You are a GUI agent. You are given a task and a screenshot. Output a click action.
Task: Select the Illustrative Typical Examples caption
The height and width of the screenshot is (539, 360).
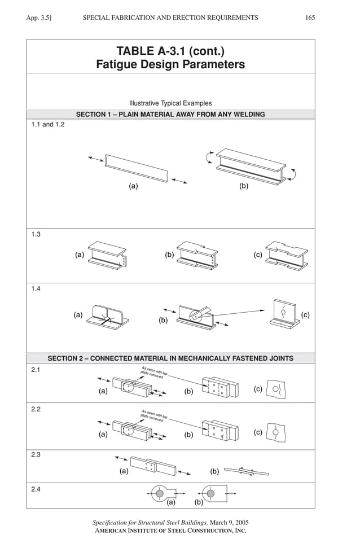coord(170,103)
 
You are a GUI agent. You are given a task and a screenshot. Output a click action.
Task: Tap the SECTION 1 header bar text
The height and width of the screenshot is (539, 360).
coord(170,115)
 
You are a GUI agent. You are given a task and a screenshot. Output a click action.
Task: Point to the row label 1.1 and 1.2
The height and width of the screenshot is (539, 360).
coord(47,124)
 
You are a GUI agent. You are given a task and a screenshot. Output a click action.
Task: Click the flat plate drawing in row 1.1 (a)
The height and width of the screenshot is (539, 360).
coord(137,168)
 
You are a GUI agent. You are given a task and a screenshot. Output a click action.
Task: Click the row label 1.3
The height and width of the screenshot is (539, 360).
coord(36,234)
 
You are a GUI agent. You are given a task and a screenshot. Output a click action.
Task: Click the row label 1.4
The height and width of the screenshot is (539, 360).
coord(36,288)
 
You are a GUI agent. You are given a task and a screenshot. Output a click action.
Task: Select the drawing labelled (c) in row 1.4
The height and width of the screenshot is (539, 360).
coord(284,314)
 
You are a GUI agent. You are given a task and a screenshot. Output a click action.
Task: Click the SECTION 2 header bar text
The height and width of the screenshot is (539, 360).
coord(170,358)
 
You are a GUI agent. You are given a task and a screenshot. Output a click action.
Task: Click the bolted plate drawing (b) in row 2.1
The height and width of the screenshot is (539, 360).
coord(218,388)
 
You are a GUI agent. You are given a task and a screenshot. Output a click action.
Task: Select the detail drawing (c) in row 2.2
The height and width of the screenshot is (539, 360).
coord(275,433)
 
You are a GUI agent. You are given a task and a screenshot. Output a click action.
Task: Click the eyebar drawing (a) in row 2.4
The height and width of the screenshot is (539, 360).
coord(161,493)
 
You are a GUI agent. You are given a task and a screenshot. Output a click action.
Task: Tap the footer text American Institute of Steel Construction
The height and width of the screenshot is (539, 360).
coord(170,531)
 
